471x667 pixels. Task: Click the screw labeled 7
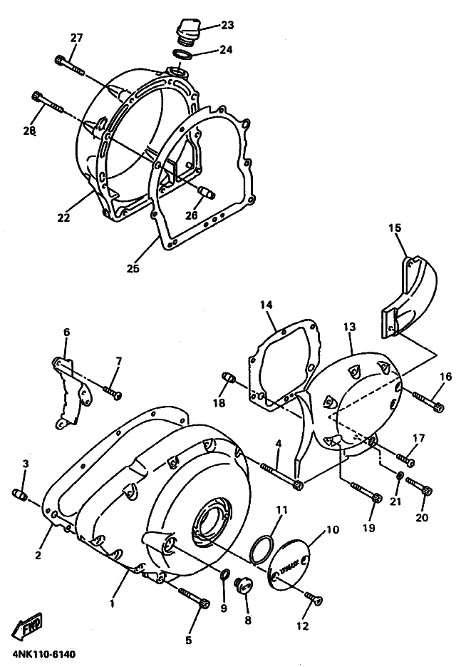coord(112,391)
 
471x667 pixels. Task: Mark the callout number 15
coord(395,228)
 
